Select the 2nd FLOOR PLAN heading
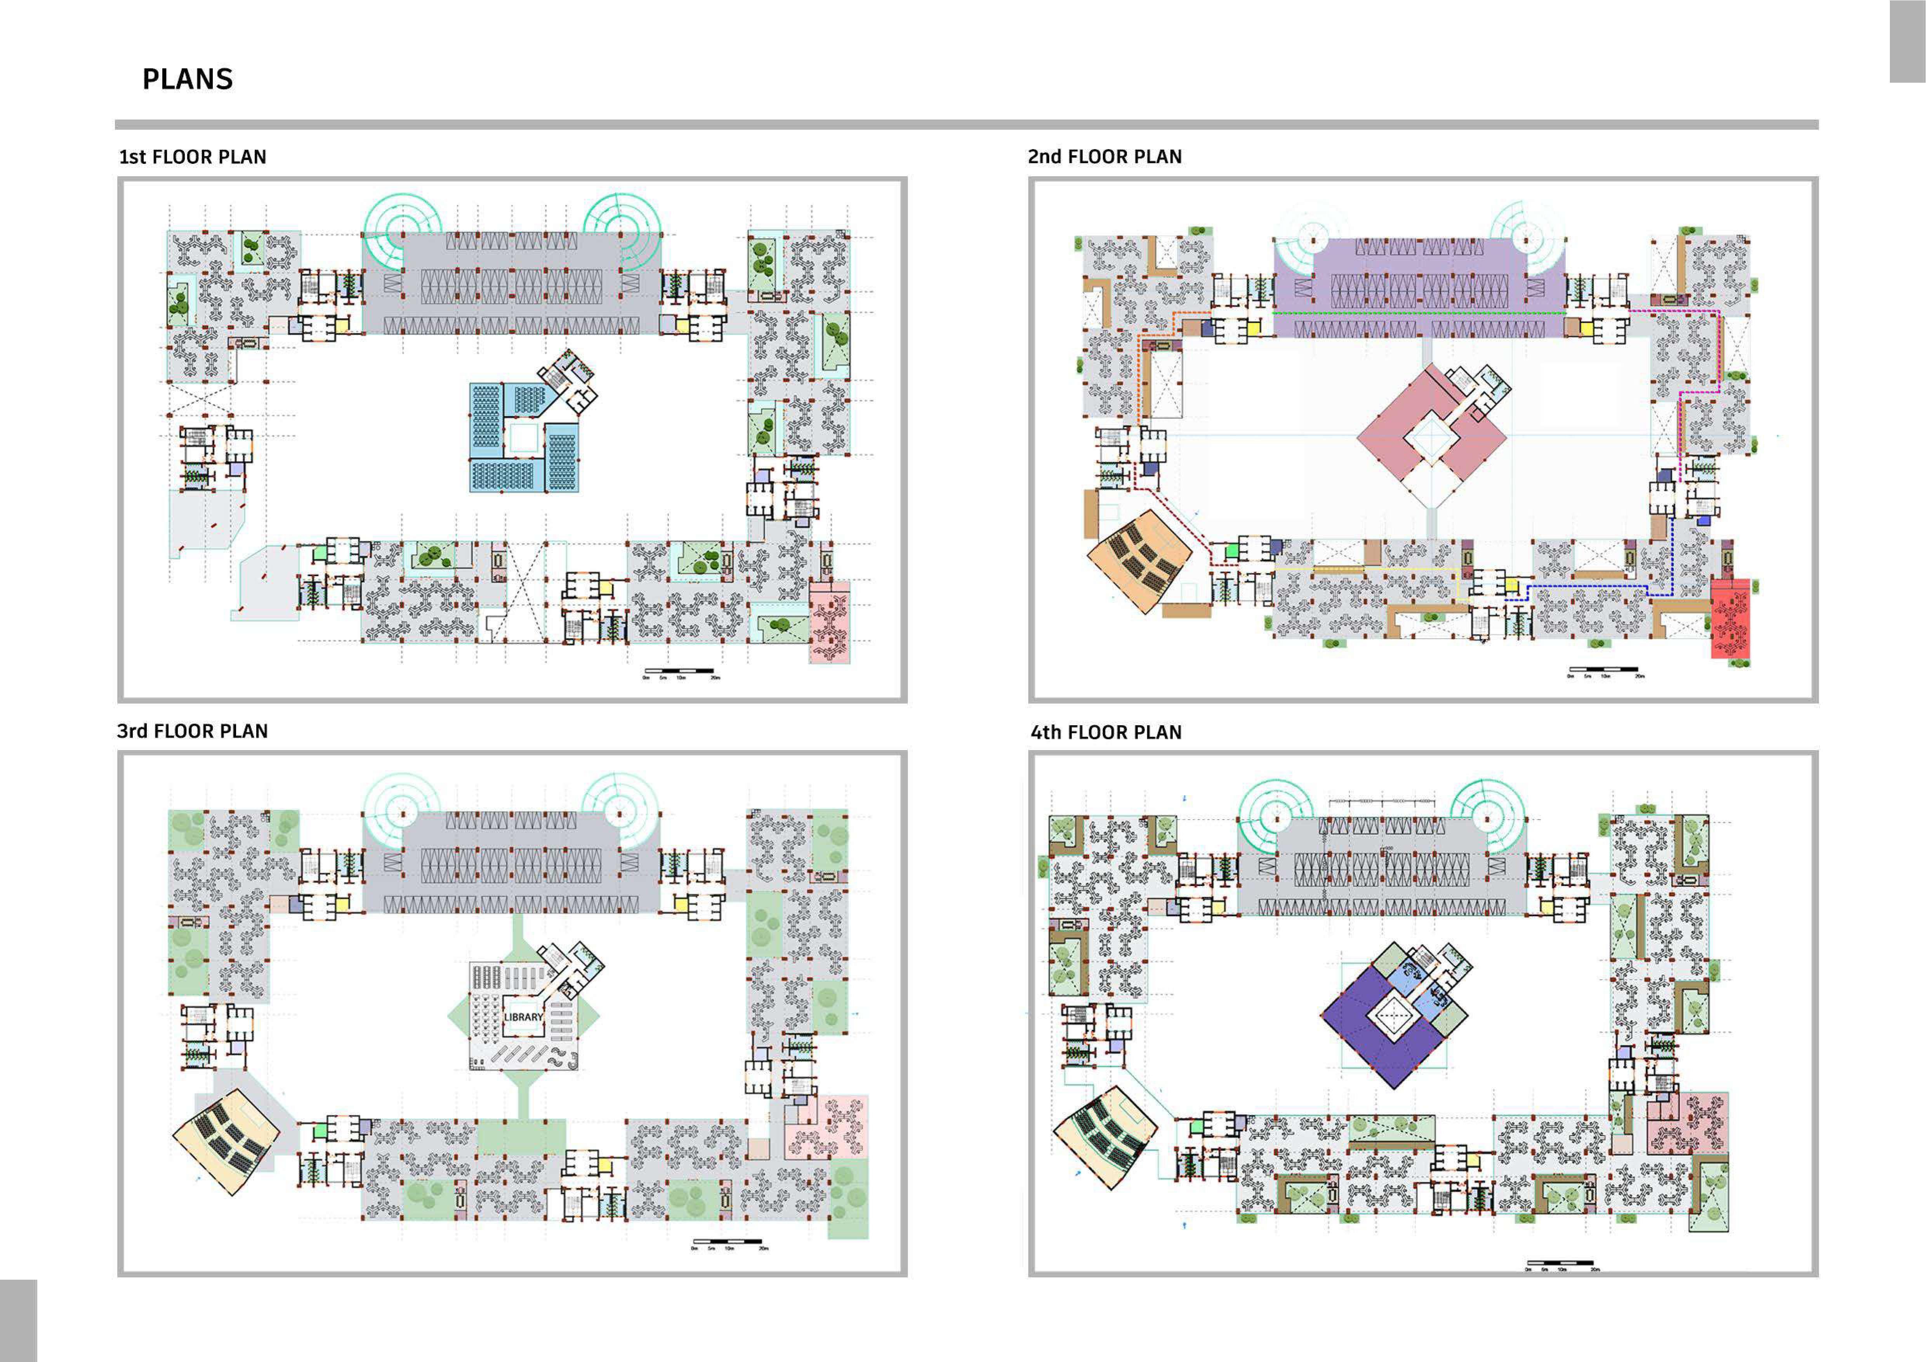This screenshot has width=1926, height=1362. [1105, 157]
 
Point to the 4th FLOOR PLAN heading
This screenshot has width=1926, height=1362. [1106, 733]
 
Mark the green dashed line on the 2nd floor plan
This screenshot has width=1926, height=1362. [1418, 313]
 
